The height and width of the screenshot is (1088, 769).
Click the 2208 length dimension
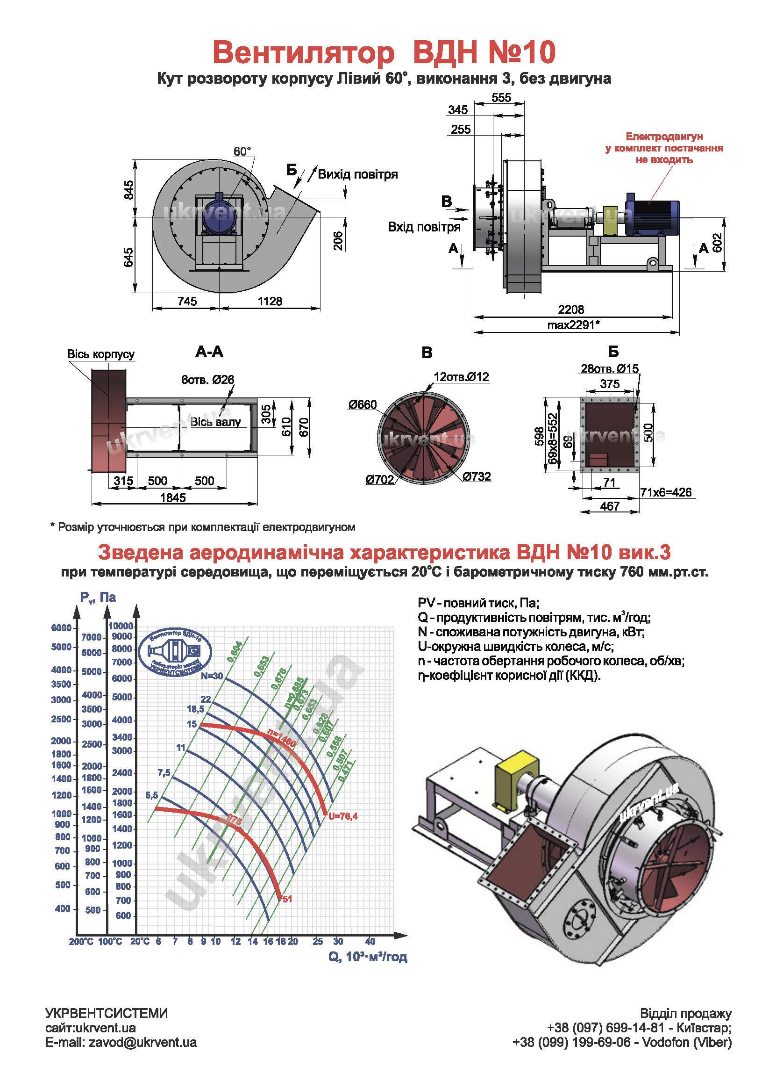tap(570, 310)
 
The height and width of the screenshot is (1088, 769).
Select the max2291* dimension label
tap(573, 325)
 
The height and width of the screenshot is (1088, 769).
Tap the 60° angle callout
tap(242, 151)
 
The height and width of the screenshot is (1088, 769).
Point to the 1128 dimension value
tap(270, 302)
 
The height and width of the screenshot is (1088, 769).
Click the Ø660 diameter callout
tap(362, 405)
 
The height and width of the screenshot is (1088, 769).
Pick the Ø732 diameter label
tap(477, 477)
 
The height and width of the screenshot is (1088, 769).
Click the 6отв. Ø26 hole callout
tap(207, 380)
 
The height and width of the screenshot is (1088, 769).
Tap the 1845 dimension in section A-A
tap(173, 497)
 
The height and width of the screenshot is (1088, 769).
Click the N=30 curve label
tap(211, 676)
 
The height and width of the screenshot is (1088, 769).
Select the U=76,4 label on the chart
tap(343, 816)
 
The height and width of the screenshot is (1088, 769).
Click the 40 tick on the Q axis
tap(370, 942)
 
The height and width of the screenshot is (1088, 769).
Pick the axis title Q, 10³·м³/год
tap(368, 957)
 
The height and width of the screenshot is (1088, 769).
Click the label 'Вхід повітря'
tap(424, 227)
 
